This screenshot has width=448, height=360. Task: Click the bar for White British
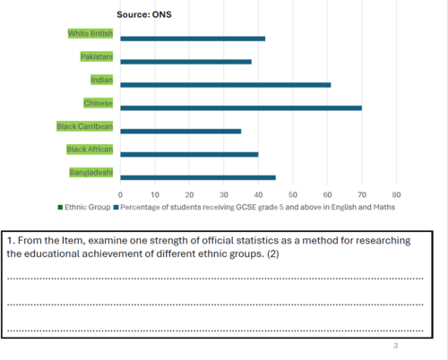[193, 39]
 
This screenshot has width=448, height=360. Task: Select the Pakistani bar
[185, 62]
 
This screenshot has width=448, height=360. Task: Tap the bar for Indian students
[226, 85]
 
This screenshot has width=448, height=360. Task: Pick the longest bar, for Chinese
[241, 108]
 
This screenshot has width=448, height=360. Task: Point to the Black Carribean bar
[181, 132]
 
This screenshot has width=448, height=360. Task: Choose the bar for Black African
[189, 154]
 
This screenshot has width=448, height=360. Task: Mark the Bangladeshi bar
[198, 177]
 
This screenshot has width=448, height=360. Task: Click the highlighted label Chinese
[99, 103]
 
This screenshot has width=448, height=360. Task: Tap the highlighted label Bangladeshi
[91, 172]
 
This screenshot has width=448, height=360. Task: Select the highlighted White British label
[90, 33]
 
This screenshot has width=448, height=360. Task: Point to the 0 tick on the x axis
[120, 195]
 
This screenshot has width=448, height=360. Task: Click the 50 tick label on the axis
[293, 195]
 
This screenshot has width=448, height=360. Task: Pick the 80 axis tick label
[396, 195]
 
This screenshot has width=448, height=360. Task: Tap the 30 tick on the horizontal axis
[224, 195]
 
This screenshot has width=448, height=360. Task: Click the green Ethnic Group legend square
[60, 207]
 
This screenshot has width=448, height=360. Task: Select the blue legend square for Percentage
[116, 207]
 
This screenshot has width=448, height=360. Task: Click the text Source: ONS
[144, 14]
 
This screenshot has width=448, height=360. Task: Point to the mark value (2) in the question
[273, 253]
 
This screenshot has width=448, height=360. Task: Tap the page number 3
[396, 346]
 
